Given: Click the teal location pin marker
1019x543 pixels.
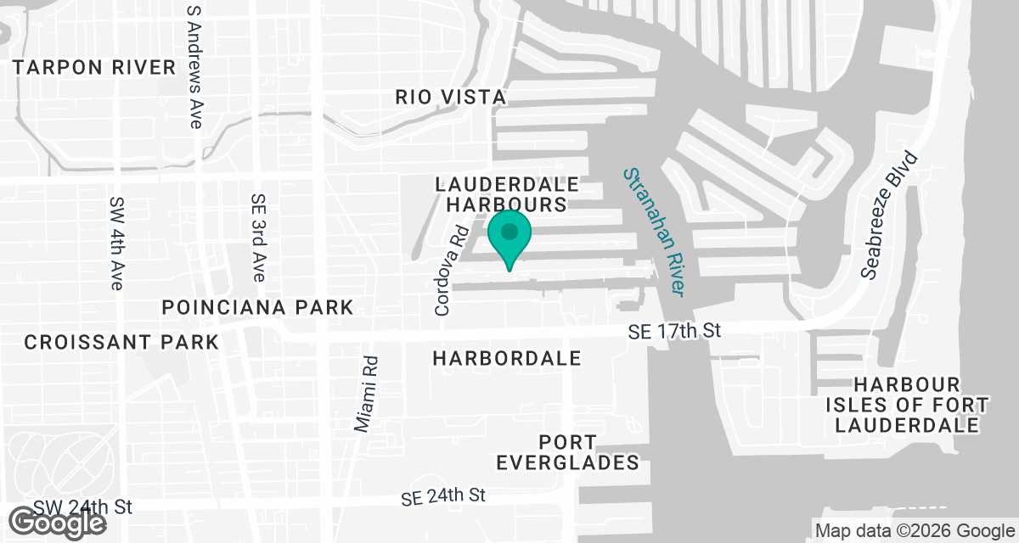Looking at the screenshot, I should click(509, 234).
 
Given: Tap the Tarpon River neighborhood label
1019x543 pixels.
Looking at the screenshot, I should click(93, 68).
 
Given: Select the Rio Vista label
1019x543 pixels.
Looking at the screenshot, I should click(450, 97).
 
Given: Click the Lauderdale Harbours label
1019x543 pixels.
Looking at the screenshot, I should click(506, 194).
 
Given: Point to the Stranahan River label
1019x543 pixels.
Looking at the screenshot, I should click(654, 231).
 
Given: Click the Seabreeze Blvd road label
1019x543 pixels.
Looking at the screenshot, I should click(889, 215).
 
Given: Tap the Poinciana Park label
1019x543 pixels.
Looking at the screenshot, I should click(257, 307).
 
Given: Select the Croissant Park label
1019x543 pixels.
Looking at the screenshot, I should click(121, 342).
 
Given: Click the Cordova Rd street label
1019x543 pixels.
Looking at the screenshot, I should click(451, 271).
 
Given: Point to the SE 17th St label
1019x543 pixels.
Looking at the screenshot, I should click(674, 331).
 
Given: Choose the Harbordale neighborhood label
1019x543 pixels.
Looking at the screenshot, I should click(507, 358).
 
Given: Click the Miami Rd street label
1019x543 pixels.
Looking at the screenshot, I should click(368, 394).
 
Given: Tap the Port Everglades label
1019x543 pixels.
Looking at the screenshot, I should click(567, 452).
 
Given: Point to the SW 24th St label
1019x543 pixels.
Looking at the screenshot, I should click(84, 507).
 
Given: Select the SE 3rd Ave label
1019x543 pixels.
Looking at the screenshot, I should click(259, 238).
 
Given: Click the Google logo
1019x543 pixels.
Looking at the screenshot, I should click(59, 523).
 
